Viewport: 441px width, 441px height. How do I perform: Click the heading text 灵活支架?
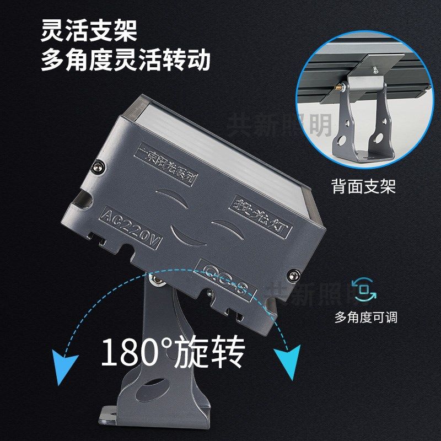(x=88, y=31)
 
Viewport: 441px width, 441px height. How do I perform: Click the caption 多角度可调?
(x=365, y=318)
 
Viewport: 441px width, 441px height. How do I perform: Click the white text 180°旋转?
(x=172, y=353)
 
